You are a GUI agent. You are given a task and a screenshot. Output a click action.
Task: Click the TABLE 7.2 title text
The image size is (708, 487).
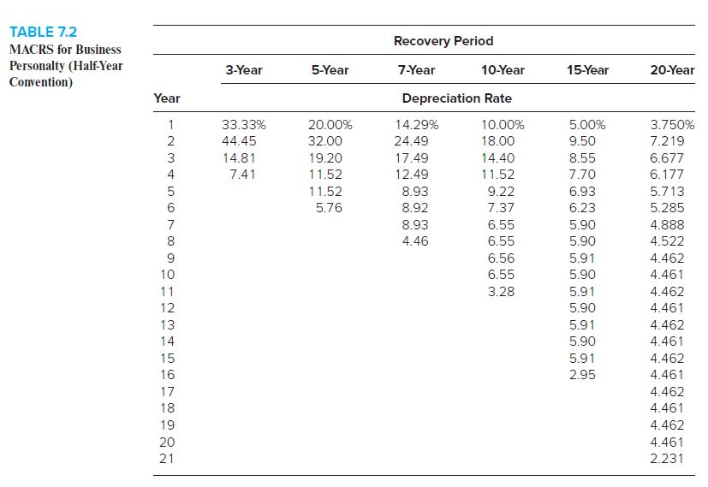coord(43,33)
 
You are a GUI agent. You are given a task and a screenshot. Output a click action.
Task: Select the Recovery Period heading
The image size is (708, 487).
coord(443,40)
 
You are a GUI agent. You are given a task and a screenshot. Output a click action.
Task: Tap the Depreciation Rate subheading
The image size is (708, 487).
coord(456,98)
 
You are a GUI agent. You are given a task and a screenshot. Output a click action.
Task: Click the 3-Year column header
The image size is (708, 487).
coord(244,69)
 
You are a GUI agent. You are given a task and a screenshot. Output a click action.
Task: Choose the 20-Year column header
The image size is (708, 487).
coord(672,69)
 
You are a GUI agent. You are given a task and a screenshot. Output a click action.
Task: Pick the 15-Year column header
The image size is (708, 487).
coord(587,69)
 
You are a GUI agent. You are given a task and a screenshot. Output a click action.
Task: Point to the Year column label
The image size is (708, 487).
coord(166,98)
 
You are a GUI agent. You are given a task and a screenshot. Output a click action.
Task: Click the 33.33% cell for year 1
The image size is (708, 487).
coord(243,124)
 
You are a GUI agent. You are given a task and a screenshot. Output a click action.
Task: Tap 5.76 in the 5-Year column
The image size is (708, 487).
coord(330,208)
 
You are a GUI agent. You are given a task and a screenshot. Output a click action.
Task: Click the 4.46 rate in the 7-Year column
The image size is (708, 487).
coord(414,241)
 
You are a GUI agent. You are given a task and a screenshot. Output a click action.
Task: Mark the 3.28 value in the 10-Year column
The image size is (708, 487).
coord(500,291)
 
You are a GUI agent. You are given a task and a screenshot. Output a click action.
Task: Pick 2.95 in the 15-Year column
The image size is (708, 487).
coord(583,374)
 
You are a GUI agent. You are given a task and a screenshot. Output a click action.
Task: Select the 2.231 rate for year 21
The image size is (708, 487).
coord(667,458)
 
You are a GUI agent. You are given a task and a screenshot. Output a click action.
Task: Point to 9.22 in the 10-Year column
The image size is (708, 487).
coord(500,192)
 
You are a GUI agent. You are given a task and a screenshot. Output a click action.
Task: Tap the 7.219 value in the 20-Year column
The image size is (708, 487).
coord(667,141)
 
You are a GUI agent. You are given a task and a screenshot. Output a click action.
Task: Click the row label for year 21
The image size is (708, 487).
coord(167,458)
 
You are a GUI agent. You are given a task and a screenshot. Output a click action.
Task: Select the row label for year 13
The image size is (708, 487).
coord(167,324)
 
